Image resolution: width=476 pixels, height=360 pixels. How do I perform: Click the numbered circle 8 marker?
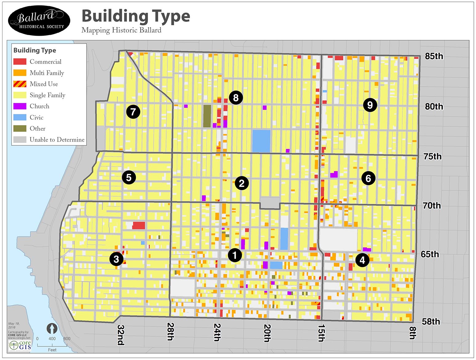[236, 98]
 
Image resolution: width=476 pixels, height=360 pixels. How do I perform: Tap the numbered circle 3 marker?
[116, 259]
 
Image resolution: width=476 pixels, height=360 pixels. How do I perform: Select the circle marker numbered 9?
[370, 105]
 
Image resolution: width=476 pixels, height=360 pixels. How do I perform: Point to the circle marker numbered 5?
[129, 177]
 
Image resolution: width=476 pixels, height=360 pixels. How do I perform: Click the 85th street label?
[434, 56]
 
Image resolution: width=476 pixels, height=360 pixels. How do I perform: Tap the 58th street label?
[431, 322]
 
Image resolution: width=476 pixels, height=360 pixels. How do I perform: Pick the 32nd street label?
[120, 335]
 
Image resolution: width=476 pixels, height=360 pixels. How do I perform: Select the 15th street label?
[321, 333]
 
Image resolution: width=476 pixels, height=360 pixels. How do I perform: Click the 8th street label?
[413, 333]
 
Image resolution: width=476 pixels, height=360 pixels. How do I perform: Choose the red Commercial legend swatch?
[20, 62]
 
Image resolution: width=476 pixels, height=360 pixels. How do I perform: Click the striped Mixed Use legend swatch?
[20, 84]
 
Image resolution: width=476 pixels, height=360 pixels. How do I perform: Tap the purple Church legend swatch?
[20, 106]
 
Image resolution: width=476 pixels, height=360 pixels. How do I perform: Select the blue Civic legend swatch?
[20, 117]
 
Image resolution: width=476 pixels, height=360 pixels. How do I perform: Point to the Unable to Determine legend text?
[57, 140]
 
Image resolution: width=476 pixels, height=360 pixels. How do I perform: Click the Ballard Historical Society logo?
[39, 20]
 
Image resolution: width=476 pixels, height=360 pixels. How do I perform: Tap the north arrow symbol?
[52, 329]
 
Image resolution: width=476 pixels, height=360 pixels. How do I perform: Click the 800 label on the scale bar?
[67, 339]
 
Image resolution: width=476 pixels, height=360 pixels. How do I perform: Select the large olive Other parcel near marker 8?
[207, 116]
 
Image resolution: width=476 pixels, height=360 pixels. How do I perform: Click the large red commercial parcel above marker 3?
[139, 225]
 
